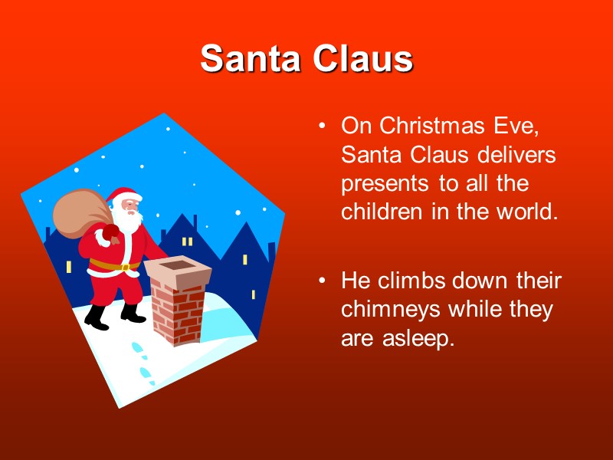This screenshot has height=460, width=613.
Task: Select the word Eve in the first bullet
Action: point(527,125)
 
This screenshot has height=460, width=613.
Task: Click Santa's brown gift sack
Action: point(77,209)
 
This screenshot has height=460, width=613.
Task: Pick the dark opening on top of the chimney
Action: point(178,265)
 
